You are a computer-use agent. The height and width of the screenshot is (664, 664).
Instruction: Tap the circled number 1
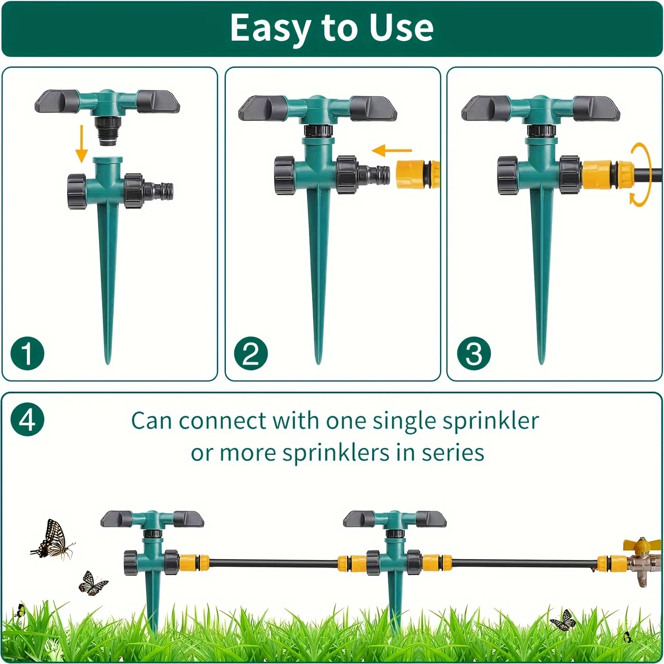27,353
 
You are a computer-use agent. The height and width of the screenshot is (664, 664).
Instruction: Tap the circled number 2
251,353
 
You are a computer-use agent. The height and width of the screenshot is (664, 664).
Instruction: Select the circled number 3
474,353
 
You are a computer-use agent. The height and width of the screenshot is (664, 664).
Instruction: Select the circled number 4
27,419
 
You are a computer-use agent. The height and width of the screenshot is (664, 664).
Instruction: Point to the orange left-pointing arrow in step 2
392,151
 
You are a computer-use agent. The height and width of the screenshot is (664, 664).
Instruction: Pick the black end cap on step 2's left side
285,175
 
